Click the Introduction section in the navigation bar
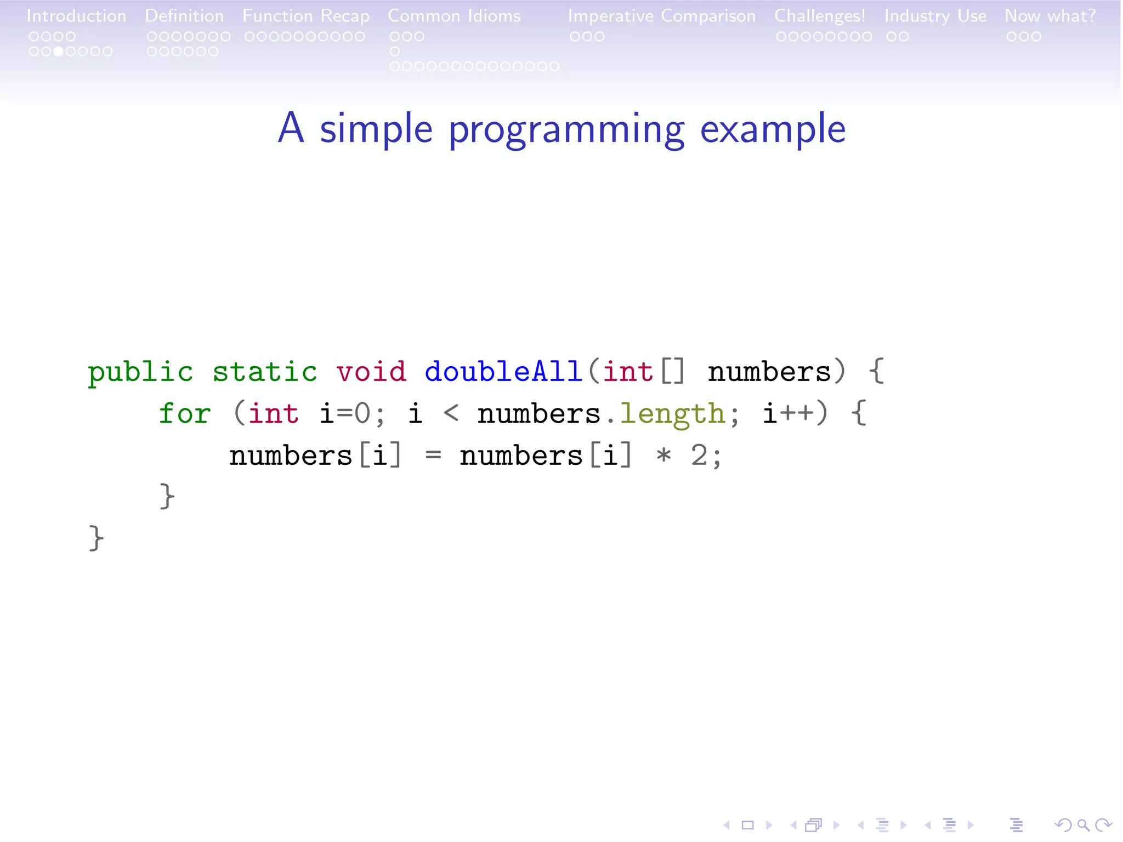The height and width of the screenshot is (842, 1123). (x=76, y=16)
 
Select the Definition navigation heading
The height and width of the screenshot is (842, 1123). (x=184, y=16)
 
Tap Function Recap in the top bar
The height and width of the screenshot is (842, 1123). (x=306, y=16)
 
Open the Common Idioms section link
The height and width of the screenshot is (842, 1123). (x=454, y=16)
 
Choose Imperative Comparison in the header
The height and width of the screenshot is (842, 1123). (x=661, y=16)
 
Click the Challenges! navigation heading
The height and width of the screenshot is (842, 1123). (x=819, y=16)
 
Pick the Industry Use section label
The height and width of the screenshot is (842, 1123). (x=935, y=16)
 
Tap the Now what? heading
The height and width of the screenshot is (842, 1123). (x=1050, y=16)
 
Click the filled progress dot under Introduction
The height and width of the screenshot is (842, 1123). (x=58, y=52)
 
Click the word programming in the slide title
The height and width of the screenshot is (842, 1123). (x=566, y=130)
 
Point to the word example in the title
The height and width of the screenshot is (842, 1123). (x=773, y=129)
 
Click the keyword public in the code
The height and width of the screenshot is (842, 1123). (x=140, y=372)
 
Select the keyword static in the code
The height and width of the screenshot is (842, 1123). (x=265, y=372)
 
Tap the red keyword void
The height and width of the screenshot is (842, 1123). (x=371, y=372)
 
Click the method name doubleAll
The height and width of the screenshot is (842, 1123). (x=503, y=372)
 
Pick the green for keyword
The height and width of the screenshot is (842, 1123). (x=185, y=414)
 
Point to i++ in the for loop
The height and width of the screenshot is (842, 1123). (x=788, y=414)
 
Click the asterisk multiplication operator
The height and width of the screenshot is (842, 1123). (x=663, y=456)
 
